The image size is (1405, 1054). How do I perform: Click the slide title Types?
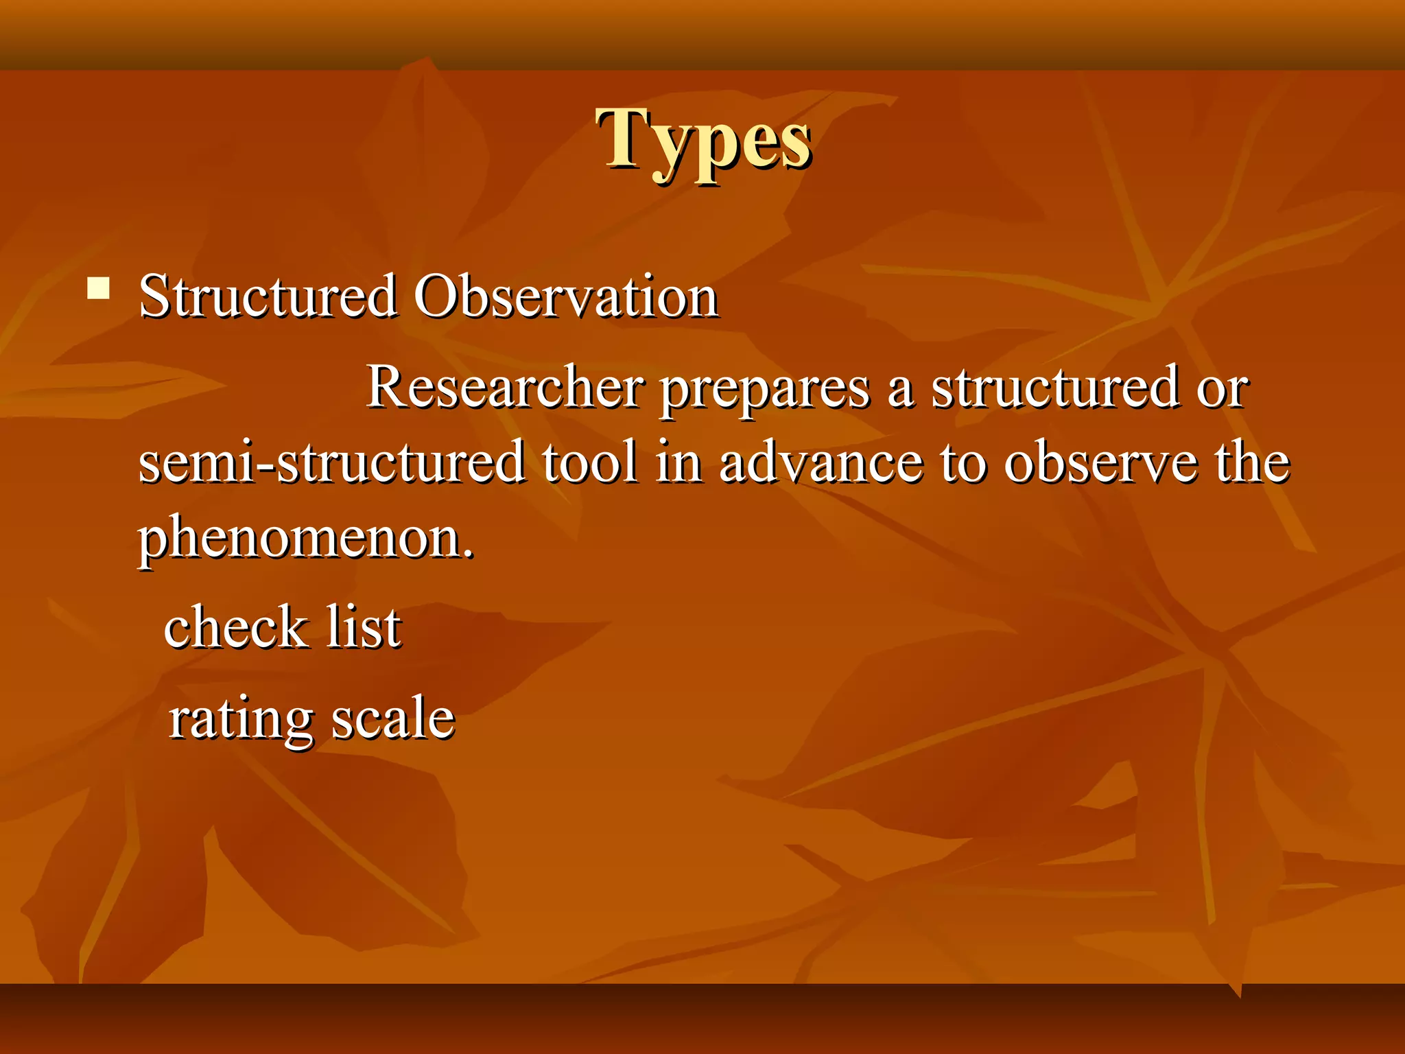click(x=704, y=140)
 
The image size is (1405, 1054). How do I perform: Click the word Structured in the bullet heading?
click(x=268, y=296)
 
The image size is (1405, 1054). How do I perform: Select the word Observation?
click(x=565, y=296)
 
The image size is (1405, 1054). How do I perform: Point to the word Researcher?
click(x=506, y=387)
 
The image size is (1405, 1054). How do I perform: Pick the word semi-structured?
click(x=331, y=462)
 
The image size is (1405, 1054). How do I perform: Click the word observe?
click(x=1100, y=462)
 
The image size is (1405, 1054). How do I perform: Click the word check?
click(x=235, y=627)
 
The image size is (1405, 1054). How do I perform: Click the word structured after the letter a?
click(x=1054, y=387)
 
